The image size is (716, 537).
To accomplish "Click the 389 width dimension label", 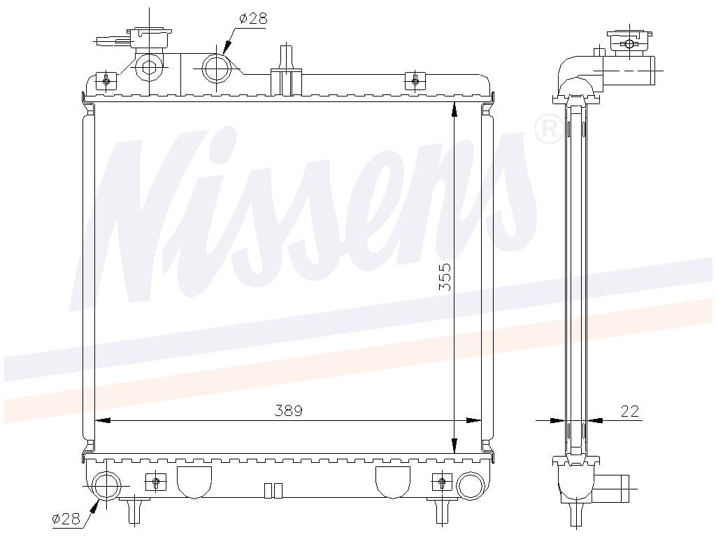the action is [289, 410].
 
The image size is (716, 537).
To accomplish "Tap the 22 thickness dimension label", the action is [630, 411].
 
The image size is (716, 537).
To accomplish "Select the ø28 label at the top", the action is [253, 19].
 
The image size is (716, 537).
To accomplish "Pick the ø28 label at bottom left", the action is [66, 518].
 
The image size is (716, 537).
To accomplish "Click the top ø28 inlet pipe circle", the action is [216, 69].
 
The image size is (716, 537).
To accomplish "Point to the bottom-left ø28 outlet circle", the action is [107, 486].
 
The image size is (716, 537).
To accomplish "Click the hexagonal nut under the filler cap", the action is [150, 68].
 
